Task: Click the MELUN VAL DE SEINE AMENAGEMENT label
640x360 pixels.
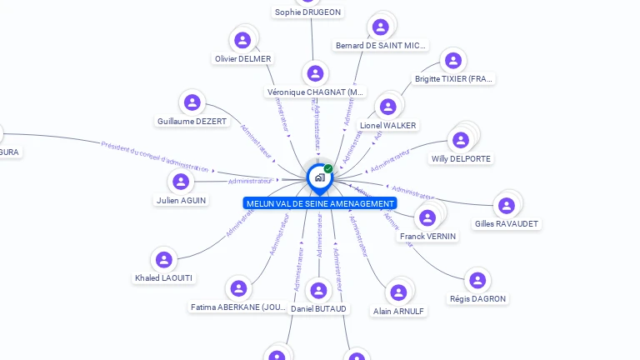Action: pyautogui.click(x=320, y=203)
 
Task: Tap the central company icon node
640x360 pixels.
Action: pyautogui.click(x=318, y=177)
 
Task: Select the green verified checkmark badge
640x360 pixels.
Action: pyautogui.click(x=328, y=169)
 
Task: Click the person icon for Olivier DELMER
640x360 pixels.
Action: pyautogui.click(x=242, y=39)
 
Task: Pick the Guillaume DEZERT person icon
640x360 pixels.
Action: pyautogui.click(x=192, y=102)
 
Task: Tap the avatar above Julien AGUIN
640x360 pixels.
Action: pyautogui.click(x=181, y=181)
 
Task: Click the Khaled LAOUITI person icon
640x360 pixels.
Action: pyautogui.click(x=164, y=259)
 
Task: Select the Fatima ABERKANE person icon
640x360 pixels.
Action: pyautogui.click(x=239, y=288)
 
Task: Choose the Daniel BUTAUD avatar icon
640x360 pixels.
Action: pyautogui.click(x=318, y=290)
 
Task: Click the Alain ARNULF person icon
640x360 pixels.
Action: pyautogui.click(x=398, y=292)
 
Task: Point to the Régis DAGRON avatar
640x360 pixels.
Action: pyautogui.click(x=477, y=280)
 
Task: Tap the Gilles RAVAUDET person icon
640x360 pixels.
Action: pyautogui.click(x=506, y=205)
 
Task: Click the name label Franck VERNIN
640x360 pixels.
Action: pyautogui.click(x=428, y=237)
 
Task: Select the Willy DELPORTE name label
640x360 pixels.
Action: pyautogui.click(x=462, y=158)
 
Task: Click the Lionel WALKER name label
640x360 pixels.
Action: pyautogui.click(x=387, y=126)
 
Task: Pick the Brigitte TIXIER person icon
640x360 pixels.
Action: pyautogui.click(x=453, y=60)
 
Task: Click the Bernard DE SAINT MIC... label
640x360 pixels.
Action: pyautogui.click(x=381, y=45)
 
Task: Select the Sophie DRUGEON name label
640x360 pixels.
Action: pyautogui.click(x=308, y=12)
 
